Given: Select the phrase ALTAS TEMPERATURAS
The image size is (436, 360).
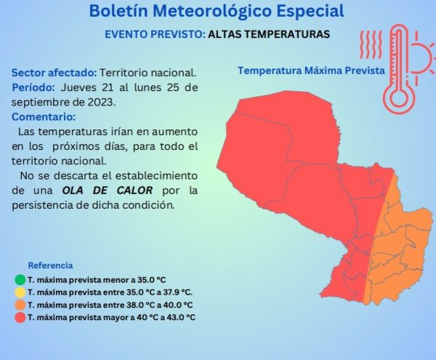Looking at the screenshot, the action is (269, 34).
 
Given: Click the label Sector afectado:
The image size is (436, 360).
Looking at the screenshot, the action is (54, 73).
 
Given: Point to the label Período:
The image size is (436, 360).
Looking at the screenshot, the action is (33, 87).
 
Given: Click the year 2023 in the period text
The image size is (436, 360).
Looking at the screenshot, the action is (101, 103).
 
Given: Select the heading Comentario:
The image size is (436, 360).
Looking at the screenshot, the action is (44, 117).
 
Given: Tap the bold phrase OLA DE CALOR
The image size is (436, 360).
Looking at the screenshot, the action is (108, 191).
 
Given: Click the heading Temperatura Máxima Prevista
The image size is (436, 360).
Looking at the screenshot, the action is (312, 71).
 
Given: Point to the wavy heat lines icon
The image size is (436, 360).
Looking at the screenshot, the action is (371, 44).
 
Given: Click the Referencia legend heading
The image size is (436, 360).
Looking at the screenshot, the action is (50, 265).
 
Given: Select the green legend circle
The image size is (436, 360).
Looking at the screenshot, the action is (20, 280).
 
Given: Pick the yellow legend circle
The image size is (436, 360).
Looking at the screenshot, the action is (20, 292).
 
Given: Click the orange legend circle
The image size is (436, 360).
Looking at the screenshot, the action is (20, 305).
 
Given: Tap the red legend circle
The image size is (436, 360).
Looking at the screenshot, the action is (20, 317).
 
